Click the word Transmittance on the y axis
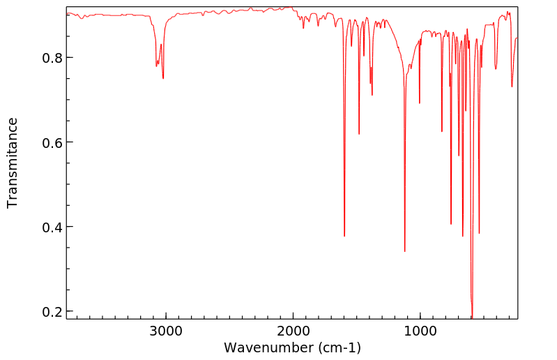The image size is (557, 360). (13, 163)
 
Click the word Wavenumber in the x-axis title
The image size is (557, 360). (264, 347)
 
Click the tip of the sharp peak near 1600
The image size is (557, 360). (344, 236)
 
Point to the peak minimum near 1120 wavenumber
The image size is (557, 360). (404, 251)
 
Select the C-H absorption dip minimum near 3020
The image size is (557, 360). (163, 78)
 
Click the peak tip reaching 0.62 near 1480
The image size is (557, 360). (359, 134)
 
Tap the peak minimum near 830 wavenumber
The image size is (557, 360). (441, 131)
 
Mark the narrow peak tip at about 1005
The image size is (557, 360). (419, 103)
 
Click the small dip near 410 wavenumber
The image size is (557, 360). (496, 68)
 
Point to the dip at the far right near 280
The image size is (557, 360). (512, 87)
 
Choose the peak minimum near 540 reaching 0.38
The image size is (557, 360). (479, 233)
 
